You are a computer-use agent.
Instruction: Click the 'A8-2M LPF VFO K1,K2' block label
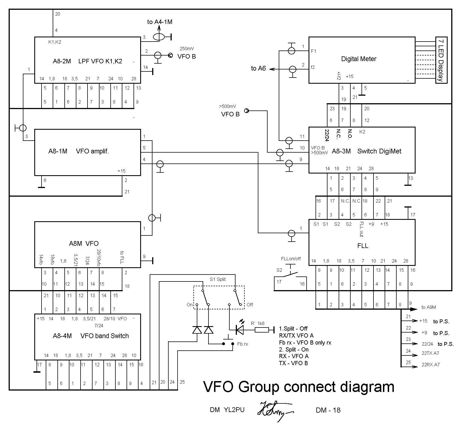[x=87, y=61]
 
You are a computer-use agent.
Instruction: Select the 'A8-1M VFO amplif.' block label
[x=78, y=151]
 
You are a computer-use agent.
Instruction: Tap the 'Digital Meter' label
[x=359, y=59]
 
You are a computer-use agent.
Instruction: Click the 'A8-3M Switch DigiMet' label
[x=367, y=151]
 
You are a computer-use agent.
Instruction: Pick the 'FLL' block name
[x=363, y=246]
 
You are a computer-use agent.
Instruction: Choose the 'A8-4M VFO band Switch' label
[x=91, y=336]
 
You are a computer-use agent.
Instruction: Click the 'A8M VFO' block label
[x=84, y=244]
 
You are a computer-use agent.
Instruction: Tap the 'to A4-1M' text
[x=160, y=22]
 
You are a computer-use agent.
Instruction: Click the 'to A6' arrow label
[x=258, y=69]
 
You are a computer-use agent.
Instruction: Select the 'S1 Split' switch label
[x=218, y=280]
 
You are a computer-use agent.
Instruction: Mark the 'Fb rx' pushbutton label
[x=242, y=344]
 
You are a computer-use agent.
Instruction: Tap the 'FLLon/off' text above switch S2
[x=291, y=259]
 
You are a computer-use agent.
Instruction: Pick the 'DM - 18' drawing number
[x=328, y=410]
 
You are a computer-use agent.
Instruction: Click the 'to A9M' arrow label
[x=429, y=307]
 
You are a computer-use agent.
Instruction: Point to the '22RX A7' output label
[x=430, y=365]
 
